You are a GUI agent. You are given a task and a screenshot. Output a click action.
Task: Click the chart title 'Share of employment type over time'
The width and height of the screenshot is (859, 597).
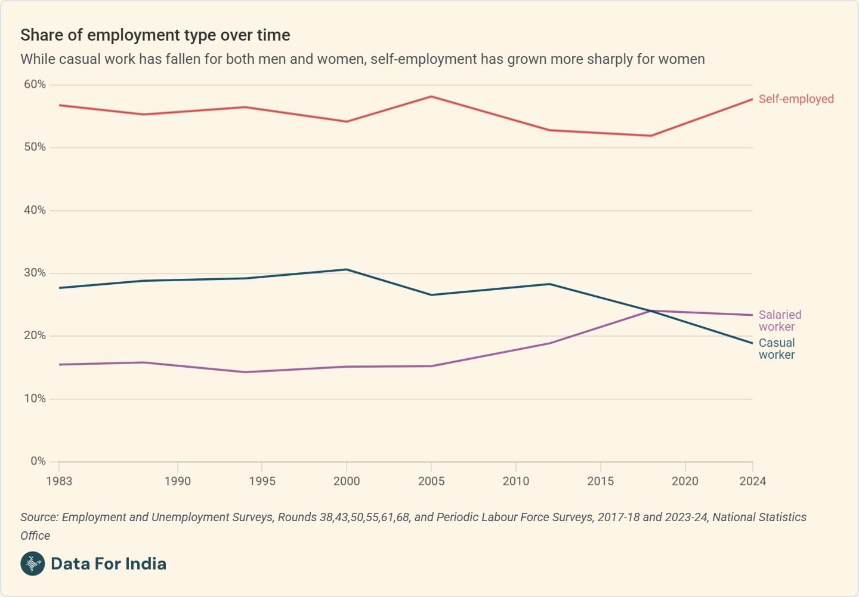click(x=155, y=35)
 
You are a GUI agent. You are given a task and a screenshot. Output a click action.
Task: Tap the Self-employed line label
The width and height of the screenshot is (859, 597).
click(x=796, y=99)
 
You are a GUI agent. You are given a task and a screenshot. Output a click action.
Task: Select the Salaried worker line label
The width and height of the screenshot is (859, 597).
click(x=780, y=321)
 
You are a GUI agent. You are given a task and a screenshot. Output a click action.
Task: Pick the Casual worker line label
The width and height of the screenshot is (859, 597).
click(x=777, y=349)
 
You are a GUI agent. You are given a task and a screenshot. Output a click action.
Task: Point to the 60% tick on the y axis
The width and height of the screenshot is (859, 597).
click(x=35, y=85)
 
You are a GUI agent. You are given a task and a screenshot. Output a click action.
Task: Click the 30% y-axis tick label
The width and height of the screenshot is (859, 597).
click(x=35, y=273)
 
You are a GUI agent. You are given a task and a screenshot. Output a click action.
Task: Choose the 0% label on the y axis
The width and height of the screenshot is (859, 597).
click(x=38, y=461)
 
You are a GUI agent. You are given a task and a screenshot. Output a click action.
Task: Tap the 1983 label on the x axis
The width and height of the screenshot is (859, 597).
click(x=59, y=481)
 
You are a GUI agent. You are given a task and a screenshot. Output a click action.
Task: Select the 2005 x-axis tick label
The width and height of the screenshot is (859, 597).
click(x=431, y=481)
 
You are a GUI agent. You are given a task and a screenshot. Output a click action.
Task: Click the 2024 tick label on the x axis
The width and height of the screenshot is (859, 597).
click(x=752, y=481)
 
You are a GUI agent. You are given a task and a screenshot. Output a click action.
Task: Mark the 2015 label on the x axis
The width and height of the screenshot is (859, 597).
click(x=600, y=481)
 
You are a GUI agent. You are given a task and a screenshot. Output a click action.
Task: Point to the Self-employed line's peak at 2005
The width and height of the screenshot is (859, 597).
click(x=431, y=97)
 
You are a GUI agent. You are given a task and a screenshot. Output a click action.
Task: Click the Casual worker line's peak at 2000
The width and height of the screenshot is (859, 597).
click(x=347, y=270)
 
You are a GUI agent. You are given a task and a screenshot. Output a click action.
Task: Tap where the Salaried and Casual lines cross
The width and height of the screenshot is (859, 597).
click(x=650, y=310)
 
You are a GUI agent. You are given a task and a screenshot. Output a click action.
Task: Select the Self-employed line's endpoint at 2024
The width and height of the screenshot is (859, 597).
click(x=752, y=99)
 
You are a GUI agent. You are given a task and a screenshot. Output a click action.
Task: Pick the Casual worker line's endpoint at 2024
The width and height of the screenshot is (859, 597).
click(x=752, y=343)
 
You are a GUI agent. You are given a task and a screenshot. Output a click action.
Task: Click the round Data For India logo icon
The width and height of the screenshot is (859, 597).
click(x=33, y=564)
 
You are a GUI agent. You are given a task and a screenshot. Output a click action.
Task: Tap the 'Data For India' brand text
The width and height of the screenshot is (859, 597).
click(x=109, y=564)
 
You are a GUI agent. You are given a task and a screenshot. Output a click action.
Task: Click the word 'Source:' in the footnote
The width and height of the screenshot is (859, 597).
click(x=39, y=517)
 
